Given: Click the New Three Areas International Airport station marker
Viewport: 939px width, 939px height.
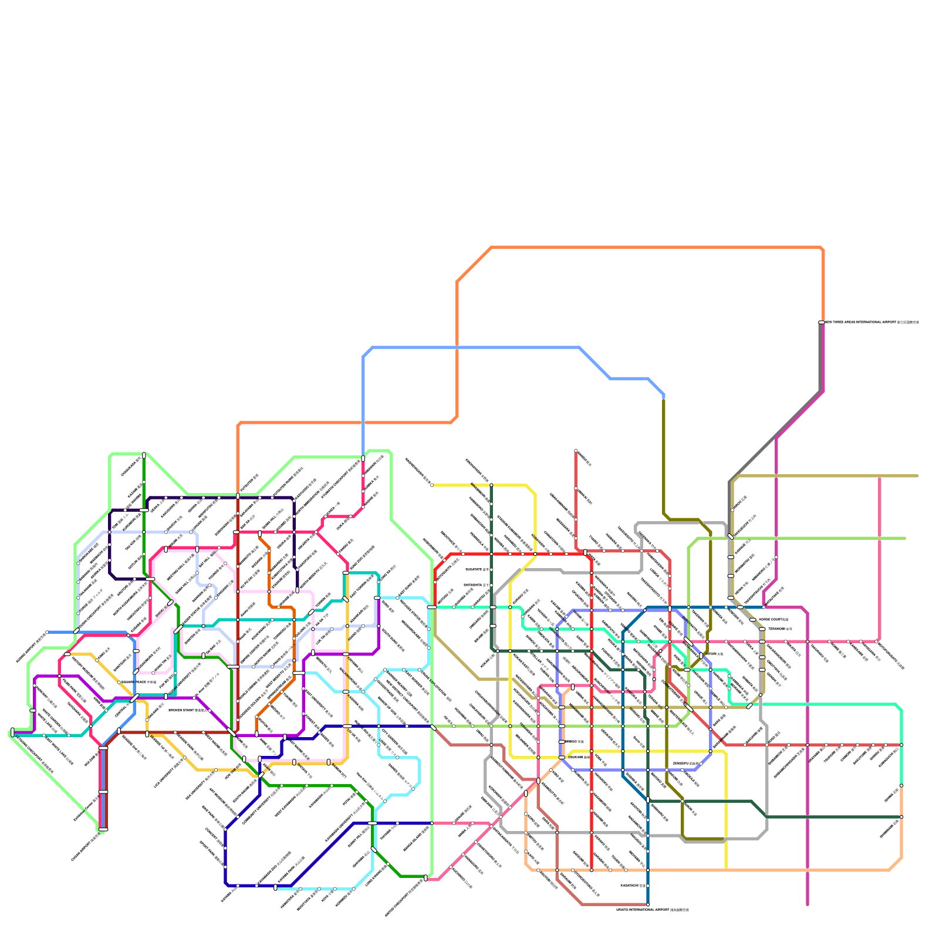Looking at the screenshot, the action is coord(822,322).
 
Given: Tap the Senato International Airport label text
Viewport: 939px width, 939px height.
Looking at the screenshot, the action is coord(653,910).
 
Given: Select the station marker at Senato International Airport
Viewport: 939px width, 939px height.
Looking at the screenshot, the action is coord(648,904).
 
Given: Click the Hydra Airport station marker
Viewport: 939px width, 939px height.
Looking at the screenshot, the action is coord(47,632).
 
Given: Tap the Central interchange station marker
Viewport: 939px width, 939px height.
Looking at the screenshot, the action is coord(134,698).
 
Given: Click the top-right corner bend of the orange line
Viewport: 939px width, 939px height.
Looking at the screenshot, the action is coord(823,249).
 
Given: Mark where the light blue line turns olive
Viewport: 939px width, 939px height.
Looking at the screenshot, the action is coord(664,398).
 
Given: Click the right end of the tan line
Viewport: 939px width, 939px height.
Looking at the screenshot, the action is coord(917,476).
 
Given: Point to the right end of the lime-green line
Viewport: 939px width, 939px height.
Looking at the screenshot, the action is coord(905,538).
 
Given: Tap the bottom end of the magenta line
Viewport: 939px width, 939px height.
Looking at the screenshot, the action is coord(808,904).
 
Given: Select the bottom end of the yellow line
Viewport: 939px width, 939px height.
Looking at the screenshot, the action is coord(726,867).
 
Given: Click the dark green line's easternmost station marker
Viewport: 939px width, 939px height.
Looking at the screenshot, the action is coord(901,817).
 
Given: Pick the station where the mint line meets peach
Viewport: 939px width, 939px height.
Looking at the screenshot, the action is coord(901,786).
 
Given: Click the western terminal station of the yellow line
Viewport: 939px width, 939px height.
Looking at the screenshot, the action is coord(432,485).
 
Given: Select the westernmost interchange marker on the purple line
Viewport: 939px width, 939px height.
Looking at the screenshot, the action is coord(12,732).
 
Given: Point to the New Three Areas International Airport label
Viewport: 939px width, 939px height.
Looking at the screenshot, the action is coord(872,322).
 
